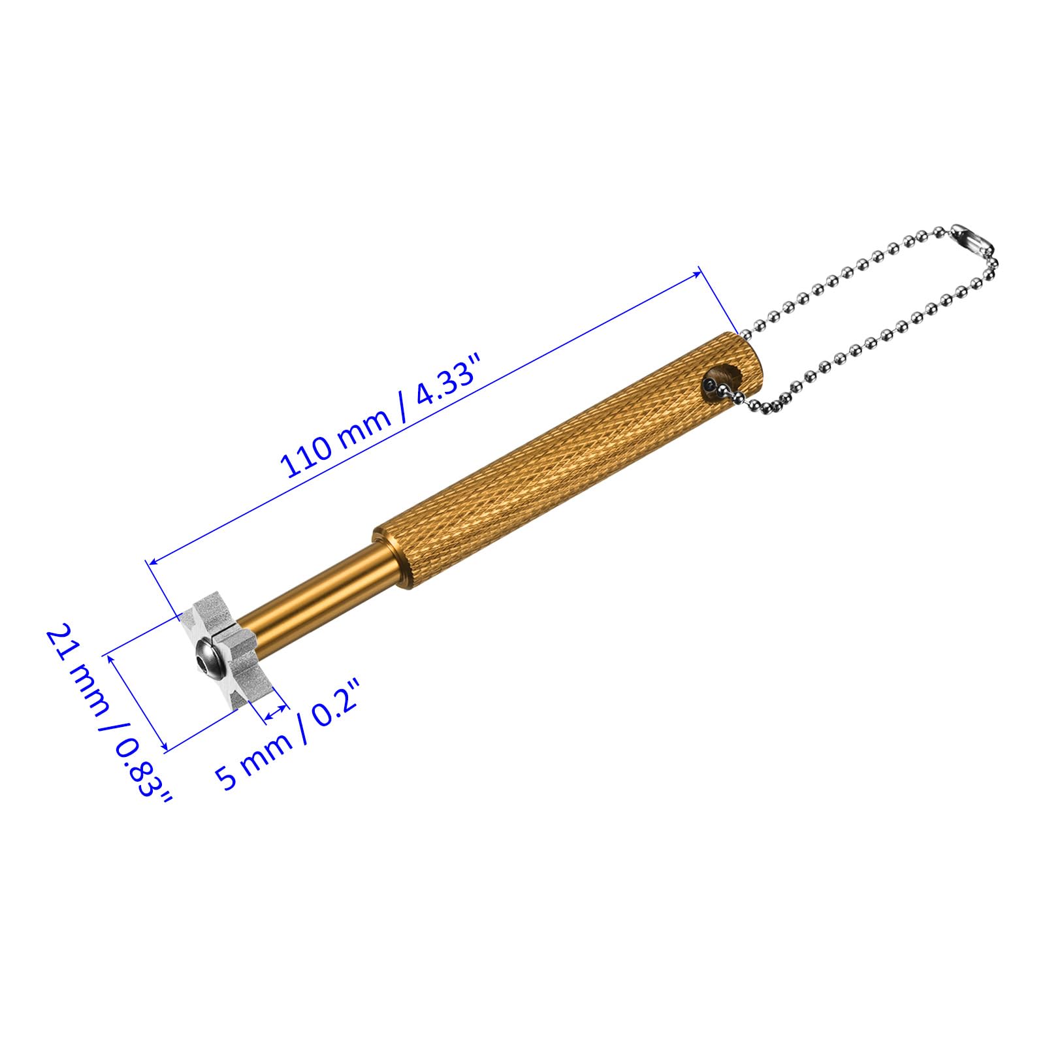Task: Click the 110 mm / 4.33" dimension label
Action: [380, 415]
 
